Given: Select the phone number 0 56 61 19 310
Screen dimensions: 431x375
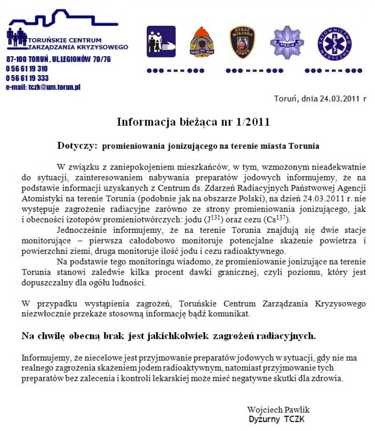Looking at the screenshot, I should coord(27,69).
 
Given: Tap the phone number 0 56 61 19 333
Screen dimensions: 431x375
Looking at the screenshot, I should coord(27,78).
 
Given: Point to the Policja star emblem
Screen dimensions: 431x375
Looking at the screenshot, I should coord(287,43).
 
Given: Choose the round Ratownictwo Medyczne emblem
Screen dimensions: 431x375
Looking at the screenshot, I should coord(334,43).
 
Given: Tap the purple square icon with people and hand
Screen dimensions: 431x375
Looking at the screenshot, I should coord(161,42).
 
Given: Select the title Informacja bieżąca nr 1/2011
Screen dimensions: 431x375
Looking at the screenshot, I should coord(193,122).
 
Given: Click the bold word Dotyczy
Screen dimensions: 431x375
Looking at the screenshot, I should coord(76,146).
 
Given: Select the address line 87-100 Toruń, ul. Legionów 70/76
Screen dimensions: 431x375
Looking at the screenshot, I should coord(59,59).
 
